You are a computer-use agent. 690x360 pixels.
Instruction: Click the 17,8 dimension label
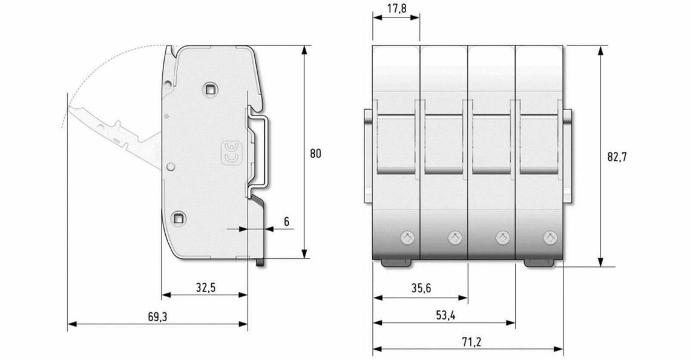(398, 9)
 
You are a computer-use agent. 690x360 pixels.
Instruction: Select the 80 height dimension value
(315, 154)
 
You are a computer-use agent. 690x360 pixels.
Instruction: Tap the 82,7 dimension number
(617, 157)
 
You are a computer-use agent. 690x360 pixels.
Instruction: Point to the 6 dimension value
(286, 221)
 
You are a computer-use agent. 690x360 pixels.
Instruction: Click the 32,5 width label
(206, 287)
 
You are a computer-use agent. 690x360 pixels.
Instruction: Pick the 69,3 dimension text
(157, 316)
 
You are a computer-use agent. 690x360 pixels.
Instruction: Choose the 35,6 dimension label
(421, 288)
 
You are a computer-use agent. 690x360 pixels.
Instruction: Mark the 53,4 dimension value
(445, 315)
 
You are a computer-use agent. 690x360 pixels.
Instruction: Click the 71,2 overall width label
(471, 341)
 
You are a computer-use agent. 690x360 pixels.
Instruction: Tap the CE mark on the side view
(231, 154)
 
